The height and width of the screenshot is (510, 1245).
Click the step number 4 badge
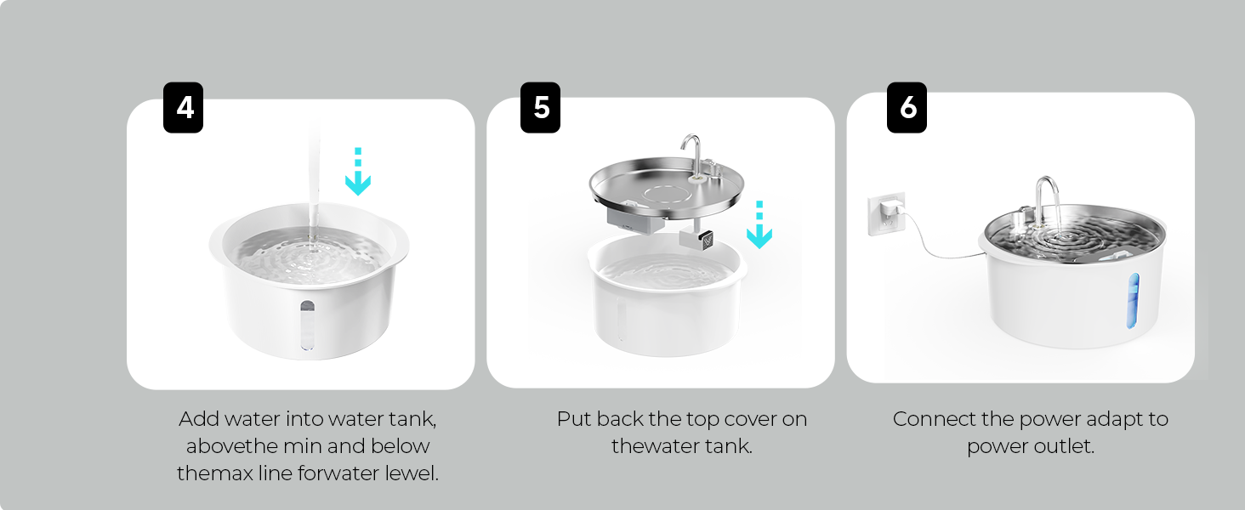[x=183, y=107]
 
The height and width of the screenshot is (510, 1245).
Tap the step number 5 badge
[x=540, y=107]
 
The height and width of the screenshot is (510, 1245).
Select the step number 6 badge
[x=907, y=107]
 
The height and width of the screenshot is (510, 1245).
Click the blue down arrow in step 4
[x=358, y=171]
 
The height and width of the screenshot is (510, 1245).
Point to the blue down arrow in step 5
[x=759, y=224]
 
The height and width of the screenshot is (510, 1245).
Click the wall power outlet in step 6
[x=886, y=213]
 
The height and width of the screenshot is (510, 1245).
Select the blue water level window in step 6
[x=1133, y=301]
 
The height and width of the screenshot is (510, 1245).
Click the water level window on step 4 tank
[x=307, y=325]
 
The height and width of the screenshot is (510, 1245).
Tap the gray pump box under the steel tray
[x=634, y=221]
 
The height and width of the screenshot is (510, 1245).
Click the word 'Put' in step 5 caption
[x=573, y=419]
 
